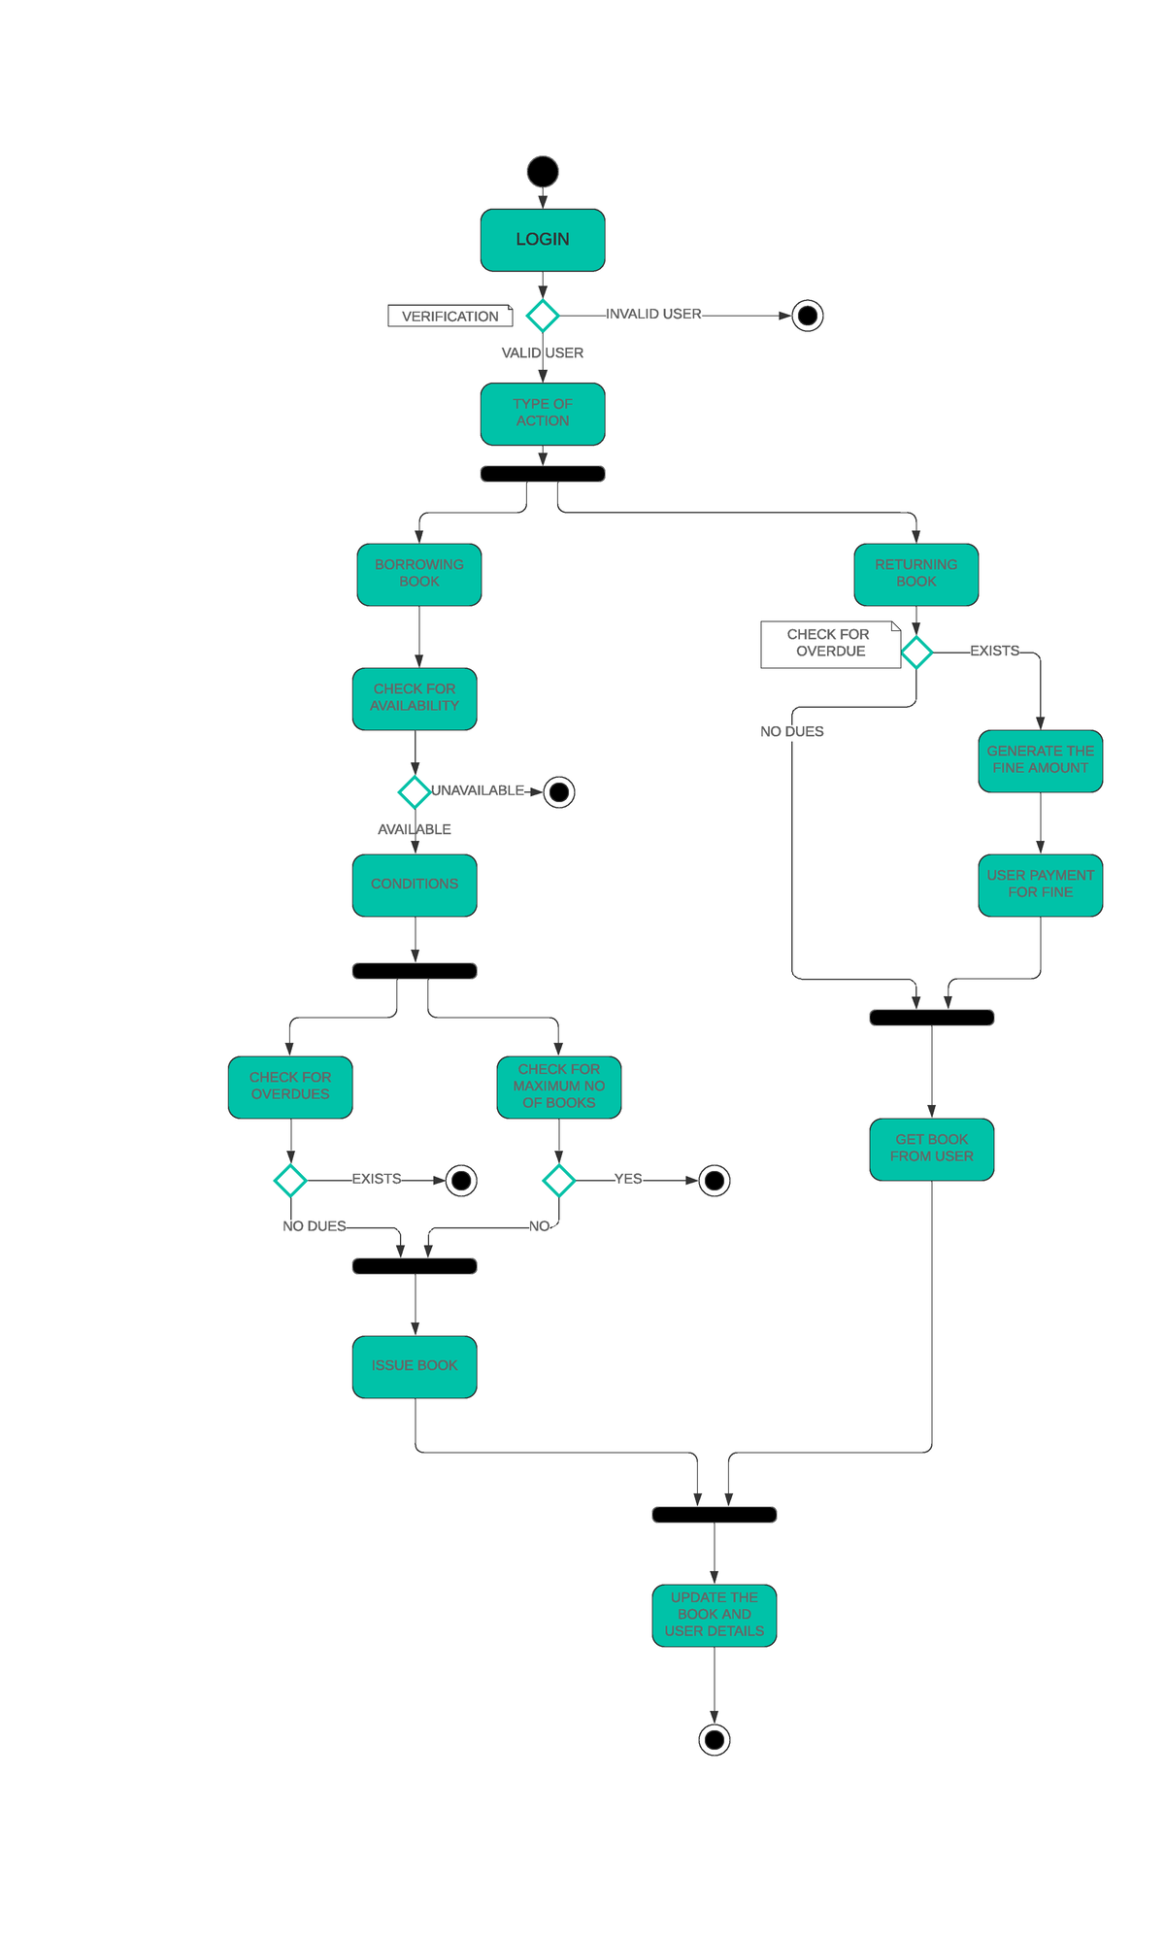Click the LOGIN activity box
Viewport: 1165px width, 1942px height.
tap(543, 240)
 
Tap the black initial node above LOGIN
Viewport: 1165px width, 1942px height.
tap(543, 172)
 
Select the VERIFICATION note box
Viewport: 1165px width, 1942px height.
tap(449, 316)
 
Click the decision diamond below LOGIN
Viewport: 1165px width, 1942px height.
tap(543, 316)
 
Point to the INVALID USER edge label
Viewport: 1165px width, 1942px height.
tap(652, 314)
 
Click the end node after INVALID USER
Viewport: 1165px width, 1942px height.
tap(808, 316)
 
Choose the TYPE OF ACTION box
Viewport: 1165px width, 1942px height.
tap(543, 414)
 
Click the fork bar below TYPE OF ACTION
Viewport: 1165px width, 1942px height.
tap(543, 474)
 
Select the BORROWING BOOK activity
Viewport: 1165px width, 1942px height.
tap(419, 574)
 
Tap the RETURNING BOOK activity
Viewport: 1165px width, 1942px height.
tap(915, 574)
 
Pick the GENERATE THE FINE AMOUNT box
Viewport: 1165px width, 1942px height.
tap(1040, 760)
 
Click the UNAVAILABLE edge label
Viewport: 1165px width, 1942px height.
tap(477, 790)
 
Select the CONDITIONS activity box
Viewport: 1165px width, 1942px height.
tap(415, 885)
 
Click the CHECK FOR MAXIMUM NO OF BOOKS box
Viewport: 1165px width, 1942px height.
tap(558, 1087)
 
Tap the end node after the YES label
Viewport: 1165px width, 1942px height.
tap(715, 1181)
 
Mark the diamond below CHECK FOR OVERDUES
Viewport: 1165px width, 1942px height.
tap(290, 1181)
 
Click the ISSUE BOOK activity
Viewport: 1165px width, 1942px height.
tap(415, 1366)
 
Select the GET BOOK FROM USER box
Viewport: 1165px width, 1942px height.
tap(931, 1149)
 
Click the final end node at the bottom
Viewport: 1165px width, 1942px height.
tap(715, 1740)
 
